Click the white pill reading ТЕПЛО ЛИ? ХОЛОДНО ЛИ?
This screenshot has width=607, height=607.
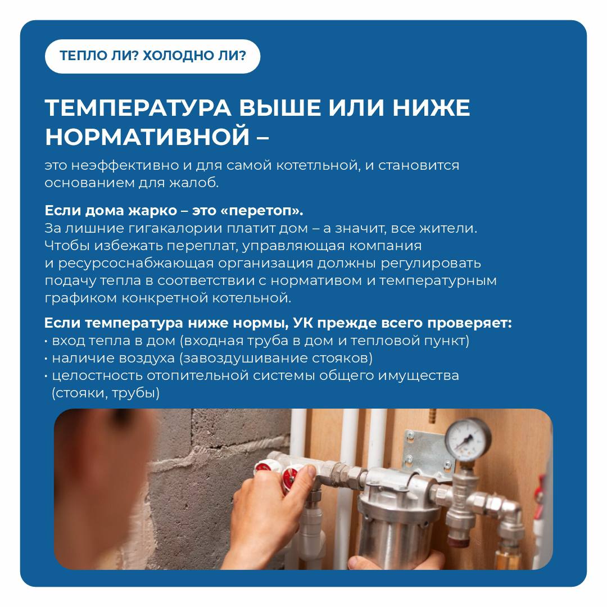click(152, 57)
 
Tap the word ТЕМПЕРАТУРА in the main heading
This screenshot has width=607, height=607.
click(138, 107)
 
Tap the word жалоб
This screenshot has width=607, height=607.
click(194, 183)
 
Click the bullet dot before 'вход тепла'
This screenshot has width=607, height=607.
click(46, 342)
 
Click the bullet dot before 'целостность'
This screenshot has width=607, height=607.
click(46, 376)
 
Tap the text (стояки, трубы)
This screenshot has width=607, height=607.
click(106, 393)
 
